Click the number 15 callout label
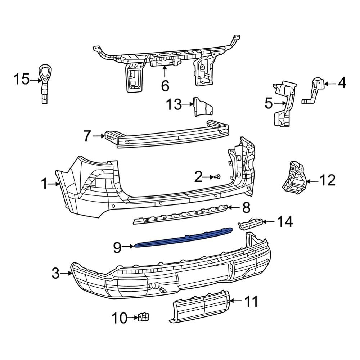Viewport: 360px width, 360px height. click(21, 79)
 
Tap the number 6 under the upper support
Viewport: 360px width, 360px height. click(165, 86)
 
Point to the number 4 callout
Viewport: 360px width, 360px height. click(342, 83)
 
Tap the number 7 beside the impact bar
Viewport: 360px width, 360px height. click(87, 136)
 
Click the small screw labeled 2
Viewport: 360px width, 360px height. click(218, 177)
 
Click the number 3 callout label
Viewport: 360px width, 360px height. click(55, 273)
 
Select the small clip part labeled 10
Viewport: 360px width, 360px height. click(144, 317)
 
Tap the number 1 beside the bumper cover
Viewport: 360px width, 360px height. click(44, 184)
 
